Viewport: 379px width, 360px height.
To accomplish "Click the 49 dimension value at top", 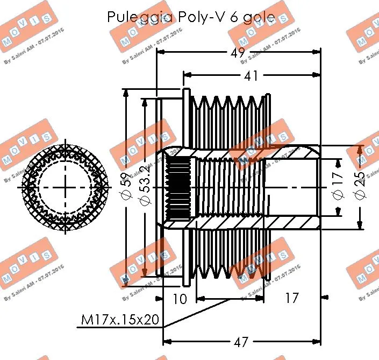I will click(x=237, y=53).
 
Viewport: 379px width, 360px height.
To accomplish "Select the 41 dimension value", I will click(x=251, y=76).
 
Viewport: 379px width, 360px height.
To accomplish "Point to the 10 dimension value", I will click(x=180, y=298).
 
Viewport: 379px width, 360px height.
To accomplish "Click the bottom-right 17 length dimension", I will click(x=291, y=298).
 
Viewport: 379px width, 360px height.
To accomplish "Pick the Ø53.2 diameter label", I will click(x=144, y=187).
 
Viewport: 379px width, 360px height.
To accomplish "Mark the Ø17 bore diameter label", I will click(x=338, y=187).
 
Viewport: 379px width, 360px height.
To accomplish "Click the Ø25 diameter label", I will click(x=359, y=187).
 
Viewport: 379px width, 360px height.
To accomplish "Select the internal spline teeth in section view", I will click(x=176, y=187).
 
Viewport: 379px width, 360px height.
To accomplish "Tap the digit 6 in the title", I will click(x=234, y=17).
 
